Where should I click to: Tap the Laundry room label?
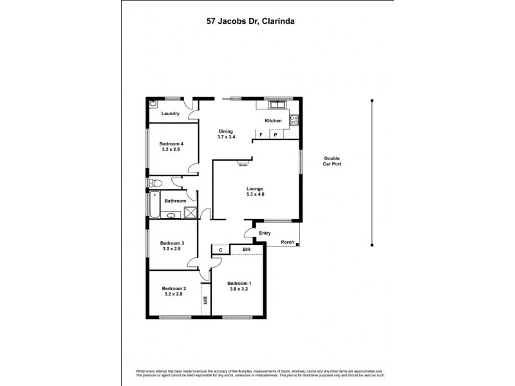[170, 114]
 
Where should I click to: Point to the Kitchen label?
[273, 121]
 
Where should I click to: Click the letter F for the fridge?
[261, 135]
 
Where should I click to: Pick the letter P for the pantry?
[275, 135]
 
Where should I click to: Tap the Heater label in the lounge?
[243, 165]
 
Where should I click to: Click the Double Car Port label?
[332, 161]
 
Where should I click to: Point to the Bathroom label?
[174, 201]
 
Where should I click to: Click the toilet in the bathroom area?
[154, 183]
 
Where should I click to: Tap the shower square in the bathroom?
[191, 214]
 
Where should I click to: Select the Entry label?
[264, 234]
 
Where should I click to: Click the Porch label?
[287, 243]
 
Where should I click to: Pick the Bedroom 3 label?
[173, 246]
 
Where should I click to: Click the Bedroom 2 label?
[174, 291]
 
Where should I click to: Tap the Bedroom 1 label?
[239, 286]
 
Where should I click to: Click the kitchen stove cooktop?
[293, 119]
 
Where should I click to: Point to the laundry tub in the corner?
[154, 104]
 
